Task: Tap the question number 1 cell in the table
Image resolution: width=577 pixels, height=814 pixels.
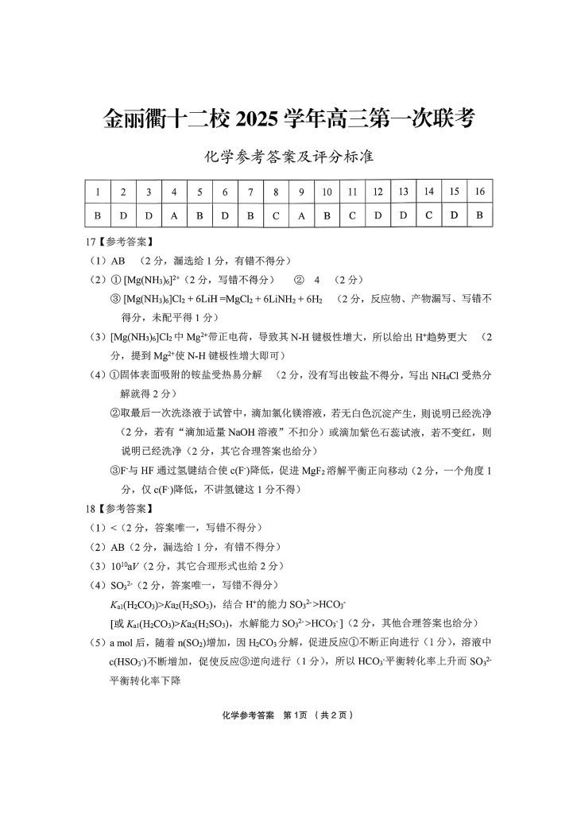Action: pos(97,192)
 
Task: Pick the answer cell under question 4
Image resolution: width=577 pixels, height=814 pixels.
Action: pos(174,215)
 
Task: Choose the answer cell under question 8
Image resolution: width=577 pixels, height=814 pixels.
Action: pos(276,215)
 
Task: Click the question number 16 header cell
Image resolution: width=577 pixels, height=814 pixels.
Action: pos(479,192)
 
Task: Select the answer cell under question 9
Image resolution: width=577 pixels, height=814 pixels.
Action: pos(301,215)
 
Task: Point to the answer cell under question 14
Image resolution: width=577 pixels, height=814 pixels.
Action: pos(428,215)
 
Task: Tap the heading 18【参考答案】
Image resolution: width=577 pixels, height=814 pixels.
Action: pos(120,507)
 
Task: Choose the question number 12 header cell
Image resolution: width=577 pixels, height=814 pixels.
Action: pos(378,192)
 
